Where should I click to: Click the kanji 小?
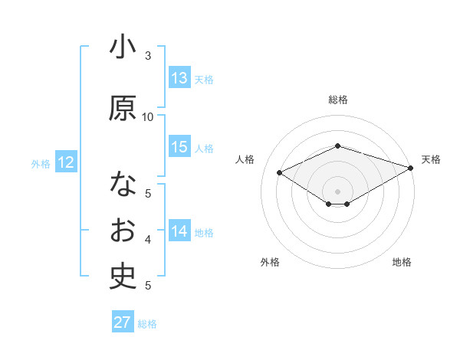coord(123,48)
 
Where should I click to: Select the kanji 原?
coord(123,109)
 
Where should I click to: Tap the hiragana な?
coord(123,185)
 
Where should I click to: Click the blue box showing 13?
coord(179,78)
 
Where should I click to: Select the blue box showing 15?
coord(179,147)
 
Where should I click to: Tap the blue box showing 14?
coord(179,231)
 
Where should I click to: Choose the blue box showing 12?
coord(65,162)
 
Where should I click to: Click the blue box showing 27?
coord(123,322)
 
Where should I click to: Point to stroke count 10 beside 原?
coord(148,116)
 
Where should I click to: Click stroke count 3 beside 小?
coord(148,55)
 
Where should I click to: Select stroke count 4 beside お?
coord(148,240)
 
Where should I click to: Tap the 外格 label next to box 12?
coord(40,163)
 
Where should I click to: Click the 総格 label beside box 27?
coord(147,324)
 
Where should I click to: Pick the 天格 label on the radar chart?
coord(431,159)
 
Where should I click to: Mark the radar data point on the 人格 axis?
coord(280,172)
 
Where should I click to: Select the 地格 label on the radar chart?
coord(402,262)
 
